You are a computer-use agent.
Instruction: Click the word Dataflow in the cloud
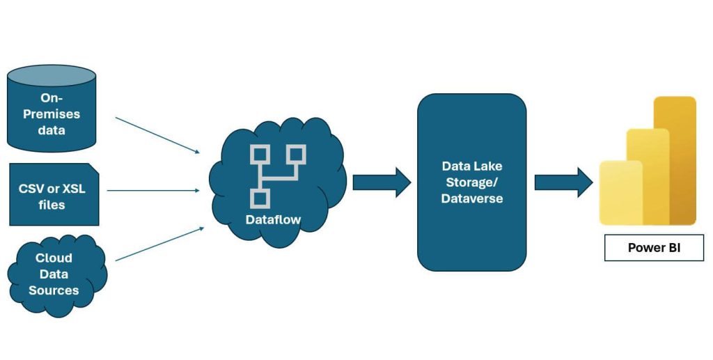point(273,219)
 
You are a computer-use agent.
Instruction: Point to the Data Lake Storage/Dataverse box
point(471,182)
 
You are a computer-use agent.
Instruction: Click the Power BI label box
point(654,247)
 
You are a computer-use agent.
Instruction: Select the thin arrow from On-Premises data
point(157,135)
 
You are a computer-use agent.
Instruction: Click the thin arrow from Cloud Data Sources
point(159,244)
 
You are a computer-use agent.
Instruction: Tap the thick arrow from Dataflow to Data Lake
point(382,182)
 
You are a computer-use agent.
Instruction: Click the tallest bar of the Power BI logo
point(675,160)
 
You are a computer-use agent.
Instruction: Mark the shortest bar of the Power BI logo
point(620,193)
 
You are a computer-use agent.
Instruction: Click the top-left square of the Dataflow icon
point(259,154)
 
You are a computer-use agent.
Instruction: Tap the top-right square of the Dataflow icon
point(297,154)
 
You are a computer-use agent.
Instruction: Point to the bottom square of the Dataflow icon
point(259,198)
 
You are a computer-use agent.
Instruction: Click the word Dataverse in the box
point(471,198)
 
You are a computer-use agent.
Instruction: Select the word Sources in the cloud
point(54,290)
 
